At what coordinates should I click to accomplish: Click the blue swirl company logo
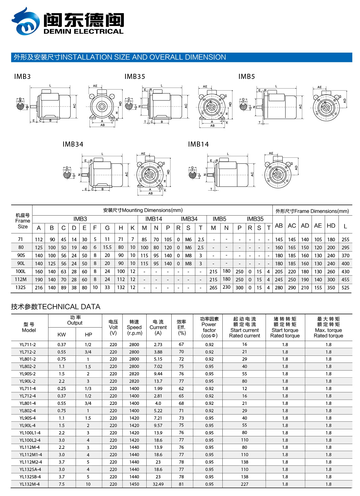click(26, 22)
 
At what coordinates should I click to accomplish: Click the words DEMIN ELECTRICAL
click(83, 31)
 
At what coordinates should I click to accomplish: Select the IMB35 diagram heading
click(135, 77)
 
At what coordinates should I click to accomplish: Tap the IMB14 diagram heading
click(198, 144)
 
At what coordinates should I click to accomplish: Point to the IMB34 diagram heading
click(73, 144)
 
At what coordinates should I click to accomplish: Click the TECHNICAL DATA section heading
click(56, 307)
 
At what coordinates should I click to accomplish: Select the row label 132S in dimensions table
click(21, 287)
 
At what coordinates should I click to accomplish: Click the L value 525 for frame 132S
click(345, 288)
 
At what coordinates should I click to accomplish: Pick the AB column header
click(279, 226)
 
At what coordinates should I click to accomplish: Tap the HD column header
click(331, 226)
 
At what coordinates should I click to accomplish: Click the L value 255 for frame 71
click(345, 239)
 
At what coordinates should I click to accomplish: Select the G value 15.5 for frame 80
click(107, 247)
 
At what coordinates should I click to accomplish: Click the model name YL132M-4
click(30, 484)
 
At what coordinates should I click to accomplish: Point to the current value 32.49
click(158, 484)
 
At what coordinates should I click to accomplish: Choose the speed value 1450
click(134, 484)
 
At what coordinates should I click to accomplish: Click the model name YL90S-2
click(28, 374)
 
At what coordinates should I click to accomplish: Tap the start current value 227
click(244, 484)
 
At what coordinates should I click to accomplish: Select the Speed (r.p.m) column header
click(134, 327)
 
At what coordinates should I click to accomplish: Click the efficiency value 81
click(181, 484)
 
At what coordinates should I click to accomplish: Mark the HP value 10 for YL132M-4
click(88, 484)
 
